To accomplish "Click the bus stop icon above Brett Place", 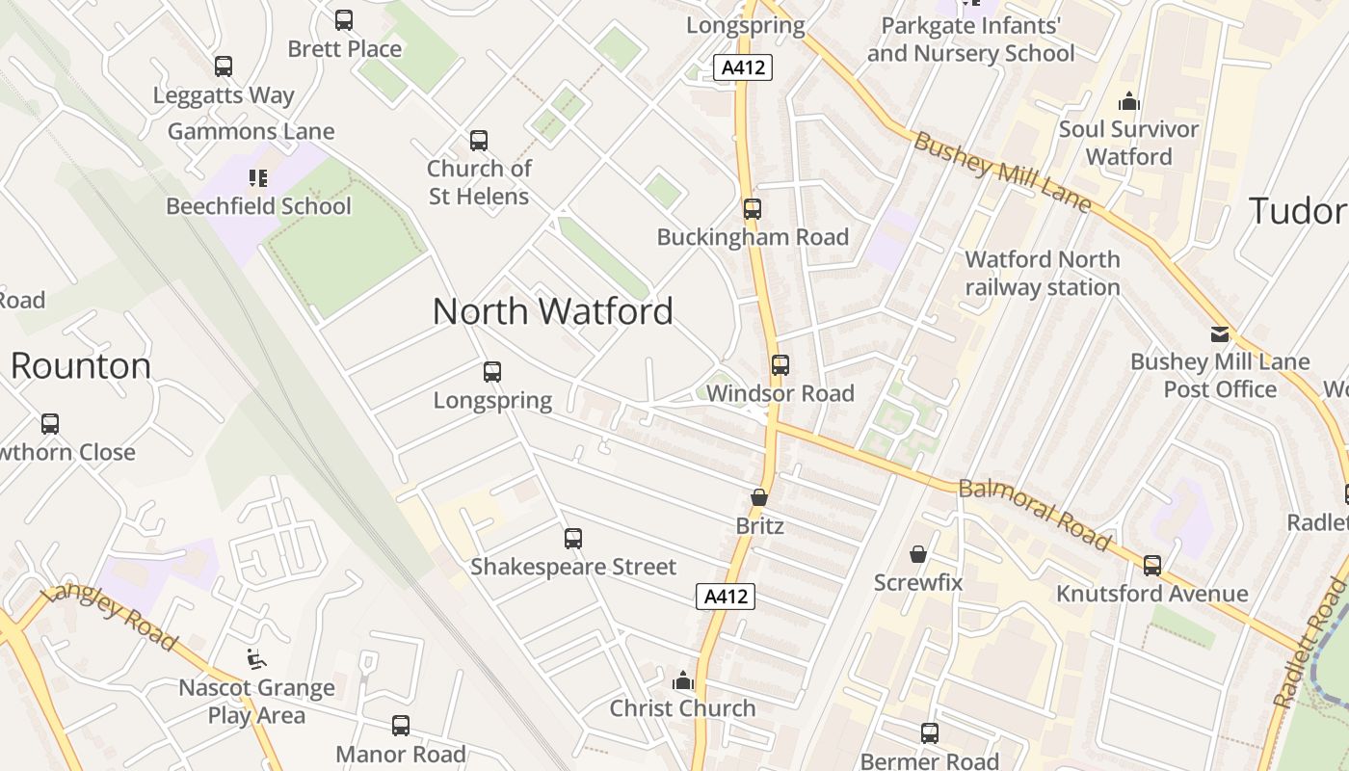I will (x=344, y=20).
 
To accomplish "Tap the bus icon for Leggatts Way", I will (x=224, y=66).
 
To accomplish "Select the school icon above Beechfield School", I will (x=257, y=177).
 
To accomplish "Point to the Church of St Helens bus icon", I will (x=479, y=141).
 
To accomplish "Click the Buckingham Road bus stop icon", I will (x=753, y=209).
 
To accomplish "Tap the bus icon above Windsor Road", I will (x=780, y=365).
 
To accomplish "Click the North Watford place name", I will (x=552, y=311).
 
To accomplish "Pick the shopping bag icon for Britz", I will (x=759, y=498).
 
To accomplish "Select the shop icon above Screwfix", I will (x=918, y=554).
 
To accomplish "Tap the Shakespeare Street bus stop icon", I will (x=573, y=539).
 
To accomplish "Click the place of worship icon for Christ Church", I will (x=683, y=680).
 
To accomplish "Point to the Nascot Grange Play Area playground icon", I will (x=256, y=659).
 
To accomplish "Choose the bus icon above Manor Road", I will (x=401, y=726).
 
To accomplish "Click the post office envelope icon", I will (x=1220, y=334).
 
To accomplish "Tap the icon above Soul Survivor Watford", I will (x=1128, y=101).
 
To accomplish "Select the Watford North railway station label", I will (x=1043, y=273).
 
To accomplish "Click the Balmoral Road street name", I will (x=1035, y=514).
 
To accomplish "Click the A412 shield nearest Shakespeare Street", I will (x=726, y=597).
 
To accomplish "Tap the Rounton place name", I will (x=81, y=366).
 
